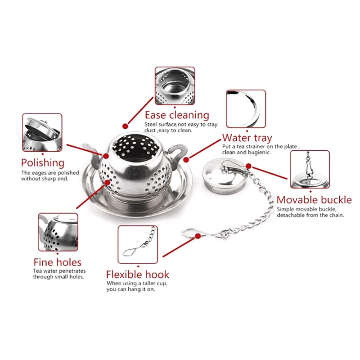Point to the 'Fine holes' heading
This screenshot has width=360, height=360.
point(58,262)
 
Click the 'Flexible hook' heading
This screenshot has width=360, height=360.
point(138,274)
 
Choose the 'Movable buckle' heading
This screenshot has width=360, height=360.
point(314,200)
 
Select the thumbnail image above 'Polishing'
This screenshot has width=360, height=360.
point(42,132)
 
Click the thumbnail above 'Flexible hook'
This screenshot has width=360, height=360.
point(138,244)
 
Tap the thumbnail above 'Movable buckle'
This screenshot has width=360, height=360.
point(310,169)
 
